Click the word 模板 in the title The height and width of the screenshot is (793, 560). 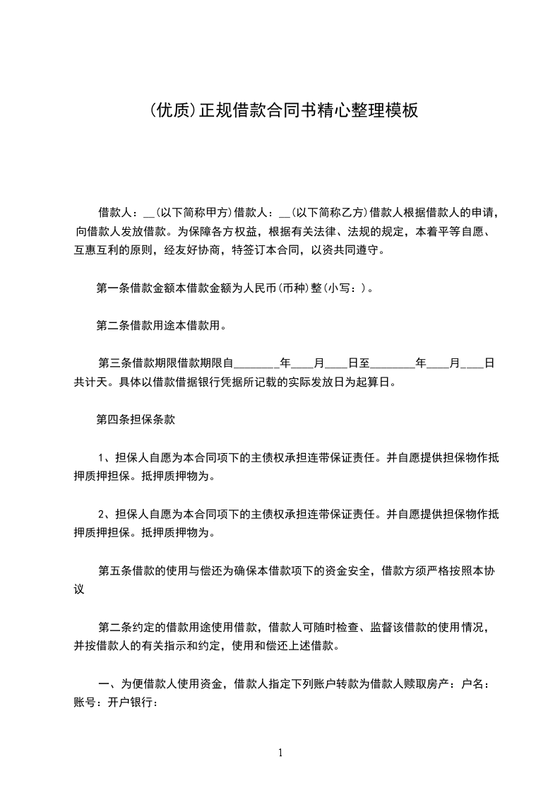tap(401, 111)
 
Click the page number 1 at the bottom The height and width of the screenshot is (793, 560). tap(280, 752)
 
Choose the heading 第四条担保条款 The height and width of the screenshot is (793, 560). tap(136, 419)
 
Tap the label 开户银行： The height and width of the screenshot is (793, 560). tap(133, 702)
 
